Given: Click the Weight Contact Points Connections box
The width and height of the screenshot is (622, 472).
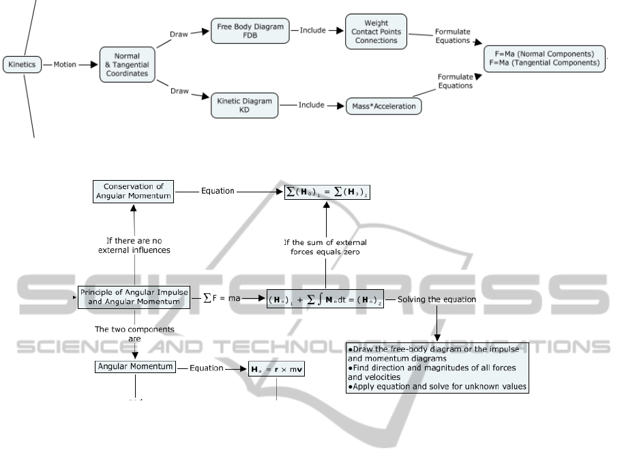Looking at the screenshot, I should [376, 31].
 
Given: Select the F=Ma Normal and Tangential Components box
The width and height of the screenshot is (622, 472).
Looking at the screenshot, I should [544, 58].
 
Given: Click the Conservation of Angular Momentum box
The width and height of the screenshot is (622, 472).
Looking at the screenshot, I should [134, 191].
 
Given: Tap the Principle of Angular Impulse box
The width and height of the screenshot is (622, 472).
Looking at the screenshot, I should [134, 297].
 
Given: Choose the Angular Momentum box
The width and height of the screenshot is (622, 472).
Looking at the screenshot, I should [134, 367].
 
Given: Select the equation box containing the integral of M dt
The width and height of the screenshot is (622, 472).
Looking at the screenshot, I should [325, 299].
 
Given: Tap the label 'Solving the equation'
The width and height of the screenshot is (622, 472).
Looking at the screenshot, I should [436, 299].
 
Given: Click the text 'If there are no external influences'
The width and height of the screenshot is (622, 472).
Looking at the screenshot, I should [134, 245].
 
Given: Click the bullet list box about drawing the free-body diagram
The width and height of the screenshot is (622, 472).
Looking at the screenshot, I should [437, 367].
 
